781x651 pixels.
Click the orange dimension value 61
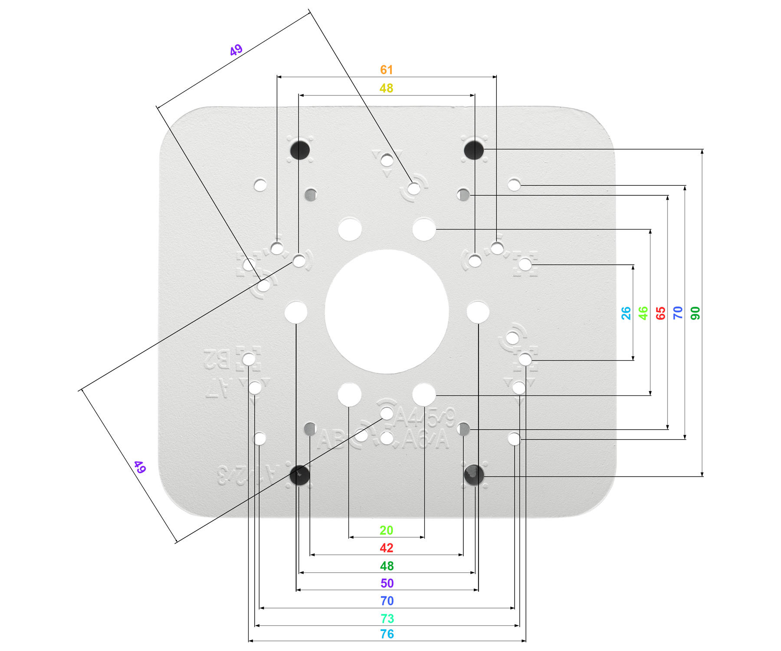(387, 70)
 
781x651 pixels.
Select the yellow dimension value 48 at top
(387, 88)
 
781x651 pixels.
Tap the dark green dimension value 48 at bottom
(387, 566)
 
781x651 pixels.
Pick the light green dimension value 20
(387, 530)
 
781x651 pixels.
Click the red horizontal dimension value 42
(387, 548)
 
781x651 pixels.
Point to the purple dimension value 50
(387, 583)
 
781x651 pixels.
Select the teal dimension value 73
(387, 618)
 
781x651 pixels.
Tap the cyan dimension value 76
(387, 634)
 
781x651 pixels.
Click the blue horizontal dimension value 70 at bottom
(387, 601)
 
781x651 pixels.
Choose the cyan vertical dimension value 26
(626, 313)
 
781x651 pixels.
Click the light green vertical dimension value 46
(643, 313)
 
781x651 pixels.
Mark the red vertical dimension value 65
(661, 313)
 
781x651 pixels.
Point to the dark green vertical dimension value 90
(696, 313)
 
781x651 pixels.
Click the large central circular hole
(387, 312)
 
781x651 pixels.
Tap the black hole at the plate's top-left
(300, 150)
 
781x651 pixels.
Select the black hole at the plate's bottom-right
(474, 475)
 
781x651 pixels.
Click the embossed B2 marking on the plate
(217, 359)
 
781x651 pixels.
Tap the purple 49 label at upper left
(236, 50)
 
